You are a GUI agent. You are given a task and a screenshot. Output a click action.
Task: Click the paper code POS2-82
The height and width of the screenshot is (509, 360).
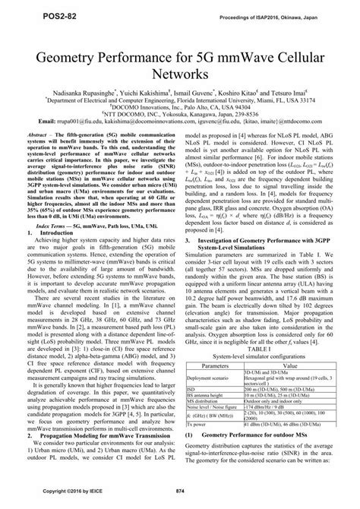30,14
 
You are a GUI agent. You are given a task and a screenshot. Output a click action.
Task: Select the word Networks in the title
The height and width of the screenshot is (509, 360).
179,76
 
